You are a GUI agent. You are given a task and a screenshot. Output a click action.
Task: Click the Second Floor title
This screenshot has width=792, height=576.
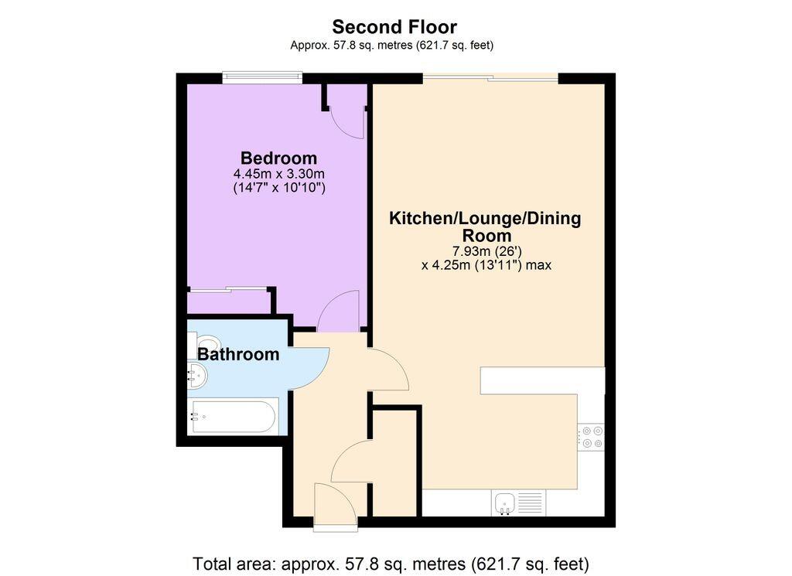pos(394,28)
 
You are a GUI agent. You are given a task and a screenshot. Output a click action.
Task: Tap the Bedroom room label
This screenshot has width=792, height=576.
pos(278,158)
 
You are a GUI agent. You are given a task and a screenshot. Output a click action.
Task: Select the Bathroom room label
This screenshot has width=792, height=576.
pos(238,355)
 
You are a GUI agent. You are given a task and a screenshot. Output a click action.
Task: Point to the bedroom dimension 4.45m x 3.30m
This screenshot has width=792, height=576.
pos(278,173)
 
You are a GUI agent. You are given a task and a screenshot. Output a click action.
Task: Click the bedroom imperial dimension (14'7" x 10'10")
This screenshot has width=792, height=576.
pos(278,187)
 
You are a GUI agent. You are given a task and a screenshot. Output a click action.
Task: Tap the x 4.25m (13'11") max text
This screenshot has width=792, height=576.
pos(486,264)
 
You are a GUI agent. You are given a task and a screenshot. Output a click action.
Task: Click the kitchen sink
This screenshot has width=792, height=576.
pos(506,503)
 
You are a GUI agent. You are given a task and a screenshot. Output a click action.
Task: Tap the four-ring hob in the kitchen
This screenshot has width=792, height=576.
pos(592,438)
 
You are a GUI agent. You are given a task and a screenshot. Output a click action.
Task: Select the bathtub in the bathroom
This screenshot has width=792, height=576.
pos(233,417)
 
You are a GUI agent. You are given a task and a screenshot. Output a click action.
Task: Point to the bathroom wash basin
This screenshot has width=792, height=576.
pos(197,377)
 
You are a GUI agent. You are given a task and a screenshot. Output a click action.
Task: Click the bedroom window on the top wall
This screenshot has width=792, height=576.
pos(261,77)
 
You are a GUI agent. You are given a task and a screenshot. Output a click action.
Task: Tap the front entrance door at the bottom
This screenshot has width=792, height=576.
pos(336,510)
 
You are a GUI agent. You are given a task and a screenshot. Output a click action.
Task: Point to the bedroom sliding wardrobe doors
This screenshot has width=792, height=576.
pos(229,291)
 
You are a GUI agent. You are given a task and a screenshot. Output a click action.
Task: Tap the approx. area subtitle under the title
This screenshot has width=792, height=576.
pos(391,46)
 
